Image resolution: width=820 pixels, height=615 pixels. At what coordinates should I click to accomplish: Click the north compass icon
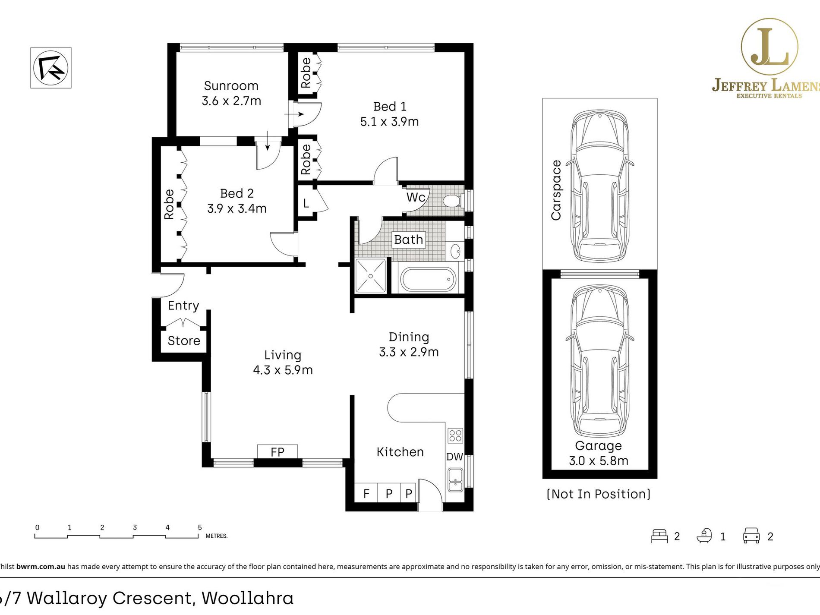[51, 68]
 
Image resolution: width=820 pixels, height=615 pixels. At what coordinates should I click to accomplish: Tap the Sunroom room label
[231, 86]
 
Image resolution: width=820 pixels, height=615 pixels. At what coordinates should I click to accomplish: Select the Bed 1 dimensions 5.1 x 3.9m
[389, 122]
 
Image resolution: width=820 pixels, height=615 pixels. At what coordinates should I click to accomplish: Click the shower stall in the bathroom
[370, 276]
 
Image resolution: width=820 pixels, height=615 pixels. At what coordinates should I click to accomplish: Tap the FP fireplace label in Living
[278, 452]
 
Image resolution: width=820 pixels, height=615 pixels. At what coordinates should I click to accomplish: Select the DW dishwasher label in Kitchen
[454, 457]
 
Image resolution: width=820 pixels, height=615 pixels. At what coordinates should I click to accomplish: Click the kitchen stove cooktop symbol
[455, 435]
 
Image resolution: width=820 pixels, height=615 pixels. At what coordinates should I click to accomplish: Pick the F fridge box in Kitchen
[366, 493]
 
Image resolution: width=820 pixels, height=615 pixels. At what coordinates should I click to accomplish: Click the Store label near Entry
[184, 341]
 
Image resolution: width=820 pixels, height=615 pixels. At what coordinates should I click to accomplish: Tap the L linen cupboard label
[306, 203]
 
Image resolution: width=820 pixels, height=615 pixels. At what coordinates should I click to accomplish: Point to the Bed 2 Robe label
[169, 204]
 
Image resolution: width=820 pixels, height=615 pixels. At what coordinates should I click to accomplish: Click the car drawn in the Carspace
[599, 186]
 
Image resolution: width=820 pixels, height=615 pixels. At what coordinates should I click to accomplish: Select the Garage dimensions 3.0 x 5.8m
[599, 461]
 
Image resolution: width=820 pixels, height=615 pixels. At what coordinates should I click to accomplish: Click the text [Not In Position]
[599, 494]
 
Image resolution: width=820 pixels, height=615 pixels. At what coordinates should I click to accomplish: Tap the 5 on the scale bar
[200, 527]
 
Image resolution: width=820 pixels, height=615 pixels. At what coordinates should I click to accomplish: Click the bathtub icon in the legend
[704, 536]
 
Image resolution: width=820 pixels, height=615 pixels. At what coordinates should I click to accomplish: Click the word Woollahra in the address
[248, 598]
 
